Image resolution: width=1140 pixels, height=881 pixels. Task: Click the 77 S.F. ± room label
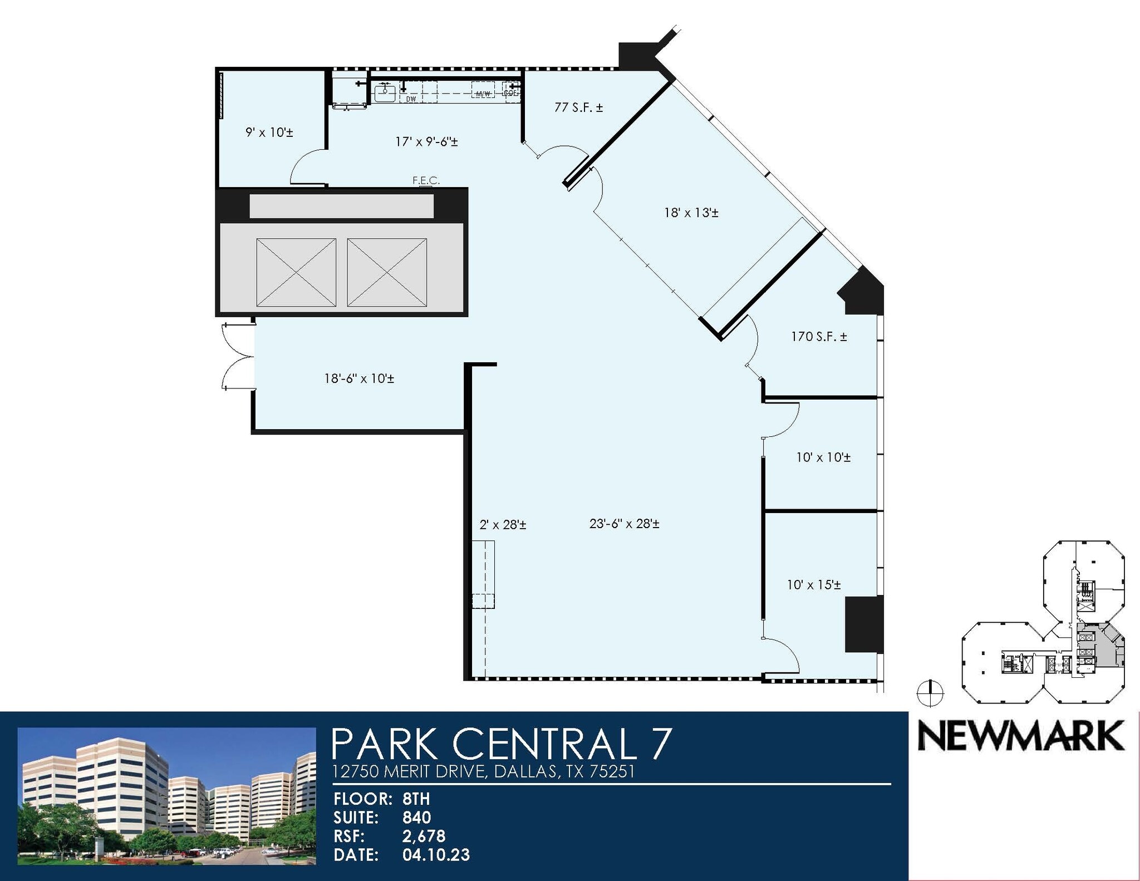click(578, 107)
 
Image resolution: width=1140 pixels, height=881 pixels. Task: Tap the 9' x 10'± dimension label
click(269, 132)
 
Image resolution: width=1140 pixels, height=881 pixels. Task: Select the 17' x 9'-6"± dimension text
click(426, 142)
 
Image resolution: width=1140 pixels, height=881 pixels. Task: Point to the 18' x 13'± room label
click(691, 213)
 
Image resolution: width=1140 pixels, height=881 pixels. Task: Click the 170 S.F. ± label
click(819, 337)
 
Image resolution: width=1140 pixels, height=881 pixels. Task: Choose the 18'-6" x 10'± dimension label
click(359, 379)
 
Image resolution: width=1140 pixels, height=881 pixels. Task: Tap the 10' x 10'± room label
click(823, 457)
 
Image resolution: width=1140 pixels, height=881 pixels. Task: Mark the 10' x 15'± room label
click(813, 585)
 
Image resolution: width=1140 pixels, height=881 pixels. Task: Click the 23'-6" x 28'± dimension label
click(624, 524)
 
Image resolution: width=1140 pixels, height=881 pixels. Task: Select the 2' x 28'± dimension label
click(503, 525)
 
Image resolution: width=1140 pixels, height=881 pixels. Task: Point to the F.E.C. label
click(426, 180)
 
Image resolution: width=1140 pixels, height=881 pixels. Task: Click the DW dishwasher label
click(411, 99)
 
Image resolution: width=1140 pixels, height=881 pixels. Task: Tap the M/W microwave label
click(483, 93)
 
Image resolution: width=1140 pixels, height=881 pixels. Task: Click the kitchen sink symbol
click(385, 92)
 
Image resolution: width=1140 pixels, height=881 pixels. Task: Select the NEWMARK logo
click(1021, 736)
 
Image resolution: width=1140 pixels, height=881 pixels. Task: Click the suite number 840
click(416, 818)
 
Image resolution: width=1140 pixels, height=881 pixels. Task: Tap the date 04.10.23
click(436, 855)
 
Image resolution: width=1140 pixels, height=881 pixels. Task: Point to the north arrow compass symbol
click(930, 694)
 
